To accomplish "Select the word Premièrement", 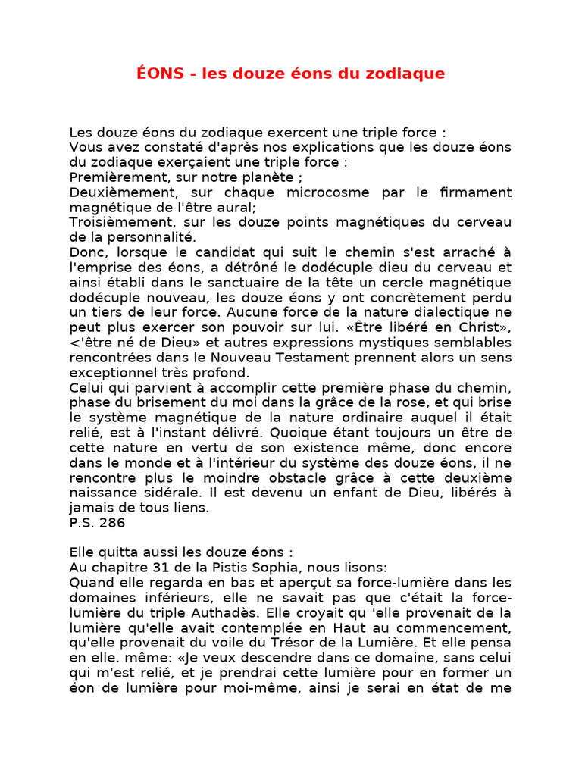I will [x=114, y=177].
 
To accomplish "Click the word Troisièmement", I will [x=117, y=222].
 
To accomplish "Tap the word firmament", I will [x=474, y=192].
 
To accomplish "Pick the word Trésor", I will [x=344, y=642].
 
